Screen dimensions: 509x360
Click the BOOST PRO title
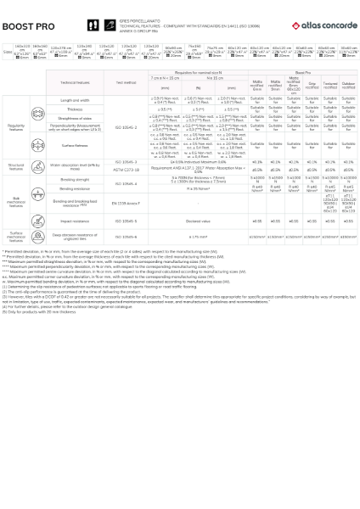[29, 26]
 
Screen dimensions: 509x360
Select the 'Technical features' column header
[75, 83]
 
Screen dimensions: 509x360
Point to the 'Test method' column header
[126, 83]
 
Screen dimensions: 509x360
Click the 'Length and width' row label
[75, 100]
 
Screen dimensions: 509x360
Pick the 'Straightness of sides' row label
[75, 118]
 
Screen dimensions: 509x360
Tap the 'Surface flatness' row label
[75, 145]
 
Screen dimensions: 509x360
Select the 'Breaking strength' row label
[75, 180]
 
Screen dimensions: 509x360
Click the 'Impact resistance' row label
[75, 221]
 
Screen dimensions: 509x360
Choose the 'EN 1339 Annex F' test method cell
[126, 204]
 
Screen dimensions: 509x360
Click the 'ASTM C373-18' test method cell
[126, 170]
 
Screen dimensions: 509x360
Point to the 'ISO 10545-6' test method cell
[126, 238]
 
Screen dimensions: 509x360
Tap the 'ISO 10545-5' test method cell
[126, 221]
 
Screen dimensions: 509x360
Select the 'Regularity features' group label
[16, 126]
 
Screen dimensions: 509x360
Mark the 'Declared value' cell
[198, 221]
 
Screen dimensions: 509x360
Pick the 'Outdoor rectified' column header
[348, 85]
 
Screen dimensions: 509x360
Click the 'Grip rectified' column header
[312, 85]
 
